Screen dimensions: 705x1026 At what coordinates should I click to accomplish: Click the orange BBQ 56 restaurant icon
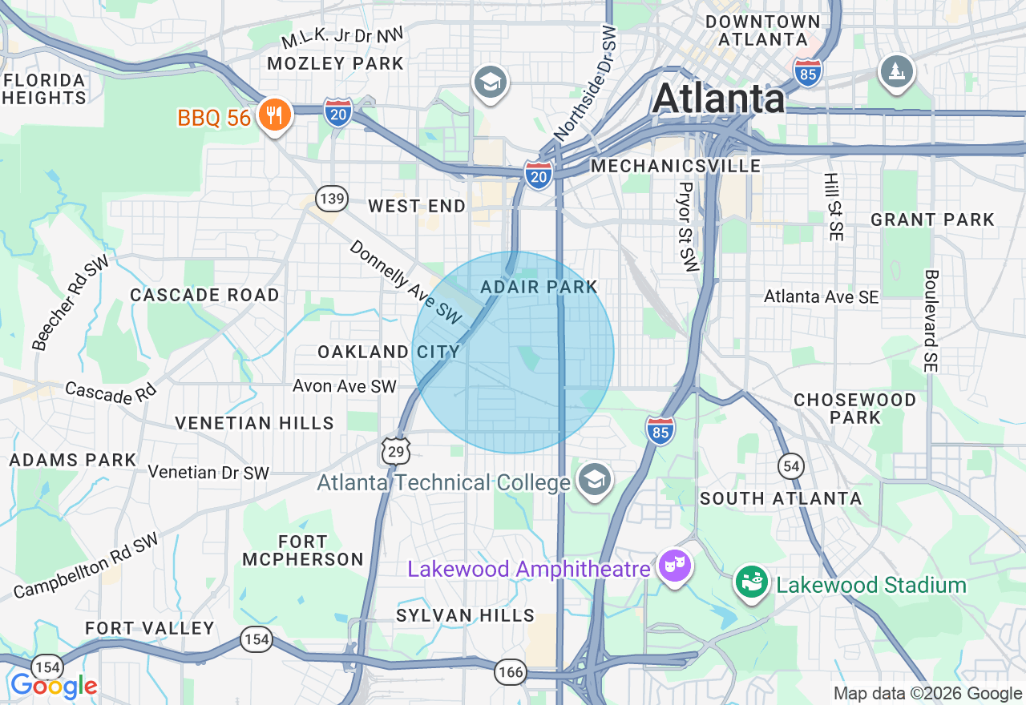click(x=274, y=115)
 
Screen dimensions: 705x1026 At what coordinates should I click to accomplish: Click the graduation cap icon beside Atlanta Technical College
click(x=594, y=480)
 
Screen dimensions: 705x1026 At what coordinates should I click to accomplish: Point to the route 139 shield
click(x=331, y=198)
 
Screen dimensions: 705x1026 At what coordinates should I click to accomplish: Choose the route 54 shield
click(x=791, y=465)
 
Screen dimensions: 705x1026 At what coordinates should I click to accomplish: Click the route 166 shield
click(x=510, y=671)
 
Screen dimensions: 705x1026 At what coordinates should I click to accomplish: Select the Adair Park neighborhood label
click(x=539, y=287)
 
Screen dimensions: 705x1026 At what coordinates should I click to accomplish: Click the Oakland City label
click(x=389, y=352)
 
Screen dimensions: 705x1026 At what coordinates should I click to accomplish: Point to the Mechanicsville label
click(x=676, y=166)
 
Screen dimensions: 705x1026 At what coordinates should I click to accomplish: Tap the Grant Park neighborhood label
click(x=932, y=220)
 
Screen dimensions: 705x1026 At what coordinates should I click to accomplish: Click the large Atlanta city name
click(x=718, y=99)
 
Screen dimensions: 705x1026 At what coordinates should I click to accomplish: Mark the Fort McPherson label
click(x=303, y=550)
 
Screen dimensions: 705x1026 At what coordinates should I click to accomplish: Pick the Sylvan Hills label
click(x=465, y=615)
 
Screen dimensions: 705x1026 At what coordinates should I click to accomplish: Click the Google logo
click(x=54, y=687)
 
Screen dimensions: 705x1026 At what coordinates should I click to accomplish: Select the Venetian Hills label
click(x=254, y=423)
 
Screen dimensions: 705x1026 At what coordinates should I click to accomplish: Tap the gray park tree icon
click(x=896, y=72)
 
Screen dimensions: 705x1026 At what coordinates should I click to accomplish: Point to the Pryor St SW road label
click(x=688, y=226)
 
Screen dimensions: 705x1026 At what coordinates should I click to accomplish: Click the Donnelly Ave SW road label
click(x=406, y=283)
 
